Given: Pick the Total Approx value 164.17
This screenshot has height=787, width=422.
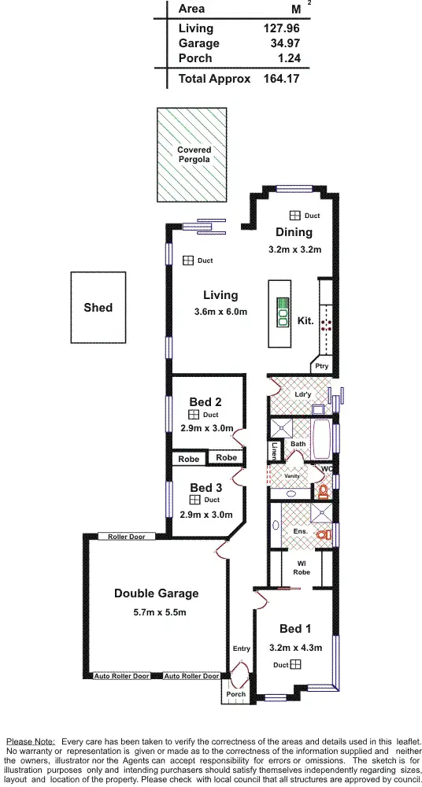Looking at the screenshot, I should point(282,79).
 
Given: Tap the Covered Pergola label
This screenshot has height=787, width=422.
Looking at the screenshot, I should point(193,154).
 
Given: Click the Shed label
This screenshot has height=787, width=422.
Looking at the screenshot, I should point(98,308).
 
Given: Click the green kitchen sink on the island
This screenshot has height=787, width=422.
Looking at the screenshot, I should point(280,312).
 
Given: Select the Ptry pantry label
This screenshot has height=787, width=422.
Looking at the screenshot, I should point(321,366).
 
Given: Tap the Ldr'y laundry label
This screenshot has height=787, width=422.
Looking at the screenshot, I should point(302,394).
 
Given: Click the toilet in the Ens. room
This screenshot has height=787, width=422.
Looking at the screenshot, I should point(322,534).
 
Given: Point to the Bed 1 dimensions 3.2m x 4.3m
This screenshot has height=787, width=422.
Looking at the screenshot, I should point(296,648).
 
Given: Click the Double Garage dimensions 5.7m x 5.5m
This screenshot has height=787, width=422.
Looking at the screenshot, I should point(156,611).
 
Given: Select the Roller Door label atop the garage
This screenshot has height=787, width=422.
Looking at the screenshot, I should point(126,537).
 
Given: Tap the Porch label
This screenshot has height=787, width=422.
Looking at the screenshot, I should point(235,694).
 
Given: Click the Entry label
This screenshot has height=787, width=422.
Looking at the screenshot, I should point(241,648).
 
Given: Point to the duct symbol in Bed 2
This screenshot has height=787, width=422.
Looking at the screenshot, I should point(193,415).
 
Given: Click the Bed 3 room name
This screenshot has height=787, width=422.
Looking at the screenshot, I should point(205,488).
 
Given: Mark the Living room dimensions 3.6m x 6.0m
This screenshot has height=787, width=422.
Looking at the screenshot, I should point(220,312).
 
